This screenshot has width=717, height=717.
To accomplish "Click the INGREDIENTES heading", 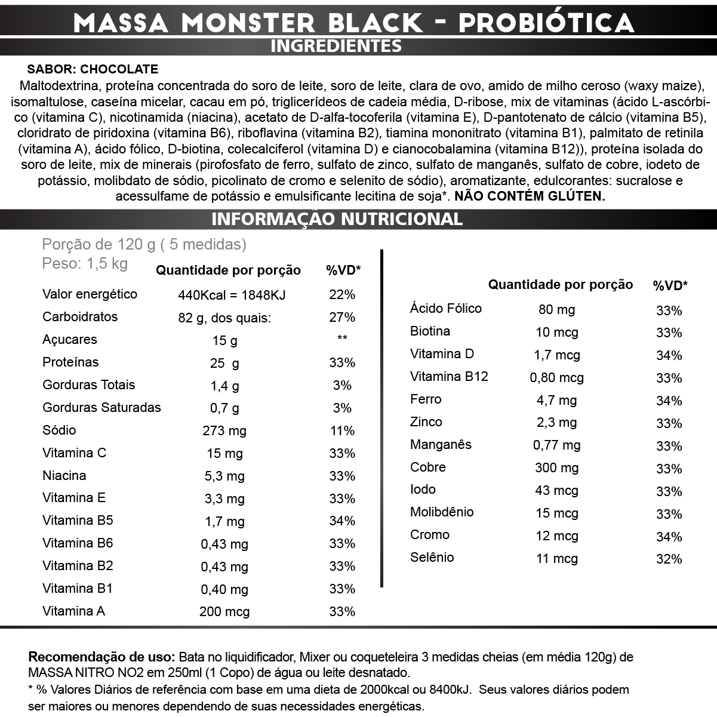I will pyautogui.click(x=336, y=46).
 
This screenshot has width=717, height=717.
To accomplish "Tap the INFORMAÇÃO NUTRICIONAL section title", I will pyautogui.click(x=337, y=219).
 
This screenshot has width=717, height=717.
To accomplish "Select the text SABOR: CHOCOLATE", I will pyautogui.click(x=93, y=70).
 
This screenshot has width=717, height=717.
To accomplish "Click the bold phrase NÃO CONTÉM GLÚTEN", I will pyautogui.click(x=530, y=196).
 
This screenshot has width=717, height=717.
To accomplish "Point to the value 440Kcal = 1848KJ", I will pyautogui.click(x=232, y=294).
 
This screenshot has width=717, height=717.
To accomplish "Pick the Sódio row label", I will pyautogui.click(x=59, y=430).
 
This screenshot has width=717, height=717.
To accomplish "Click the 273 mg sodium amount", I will pyautogui.click(x=224, y=431).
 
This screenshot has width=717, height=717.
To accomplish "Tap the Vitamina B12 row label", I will pyautogui.click(x=449, y=377).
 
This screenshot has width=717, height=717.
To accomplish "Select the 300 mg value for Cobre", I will pyautogui.click(x=556, y=467).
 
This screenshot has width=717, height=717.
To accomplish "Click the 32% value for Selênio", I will pyautogui.click(x=669, y=559).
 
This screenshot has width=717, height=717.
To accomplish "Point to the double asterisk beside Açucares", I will pyautogui.click(x=342, y=339).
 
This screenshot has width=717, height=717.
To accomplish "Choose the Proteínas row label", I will pyautogui.click(x=70, y=362).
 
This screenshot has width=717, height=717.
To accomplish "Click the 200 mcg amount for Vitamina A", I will pyautogui.click(x=224, y=612).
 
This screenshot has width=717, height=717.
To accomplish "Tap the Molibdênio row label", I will pyautogui.click(x=442, y=512).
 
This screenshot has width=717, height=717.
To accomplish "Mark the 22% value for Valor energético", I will pyautogui.click(x=342, y=294).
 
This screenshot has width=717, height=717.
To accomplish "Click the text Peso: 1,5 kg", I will pyautogui.click(x=85, y=264).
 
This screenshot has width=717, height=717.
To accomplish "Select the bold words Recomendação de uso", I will pyautogui.click(x=101, y=657).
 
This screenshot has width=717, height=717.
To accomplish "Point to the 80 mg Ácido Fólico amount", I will pyautogui.click(x=556, y=309).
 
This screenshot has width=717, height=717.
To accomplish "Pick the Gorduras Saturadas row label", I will pyautogui.click(x=101, y=407).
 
